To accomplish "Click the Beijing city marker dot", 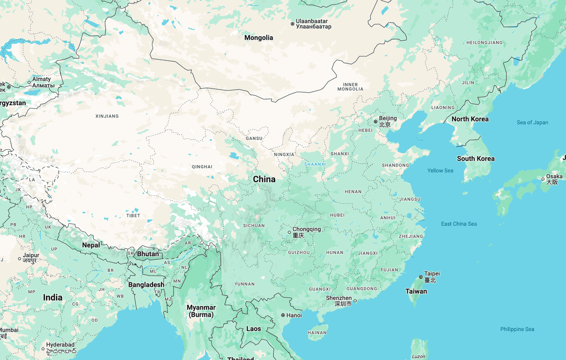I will pyautogui.click(x=376, y=122).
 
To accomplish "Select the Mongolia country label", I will pyautogui.click(x=259, y=38).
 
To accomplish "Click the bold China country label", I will pyautogui.click(x=264, y=179).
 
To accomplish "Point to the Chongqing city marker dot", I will pyautogui.click(x=289, y=232).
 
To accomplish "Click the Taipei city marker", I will pyautogui.click(x=421, y=277).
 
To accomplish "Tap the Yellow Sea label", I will pyautogui.click(x=440, y=170).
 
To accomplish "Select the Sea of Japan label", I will pyautogui.click(x=532, y=123).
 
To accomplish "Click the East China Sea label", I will pyautogui.click(x=459, y=224).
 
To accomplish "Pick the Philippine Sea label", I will pyautogui.click(x=517, y=329).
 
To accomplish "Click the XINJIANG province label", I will pyautogui.click(x=107, y=116).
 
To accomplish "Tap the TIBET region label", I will pyautogui.click(x=133, y=215).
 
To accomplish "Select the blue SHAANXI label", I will pyautogui.click(x=315, y=164).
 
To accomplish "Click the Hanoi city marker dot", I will pyautogui.click(x=283, y=315).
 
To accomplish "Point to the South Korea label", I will pyautogui.click(x=475, y=159).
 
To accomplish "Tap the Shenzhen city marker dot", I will pyautogui.click(x=355, y=301).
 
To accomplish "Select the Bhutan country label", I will pyautogui.click(x=147, y=254).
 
